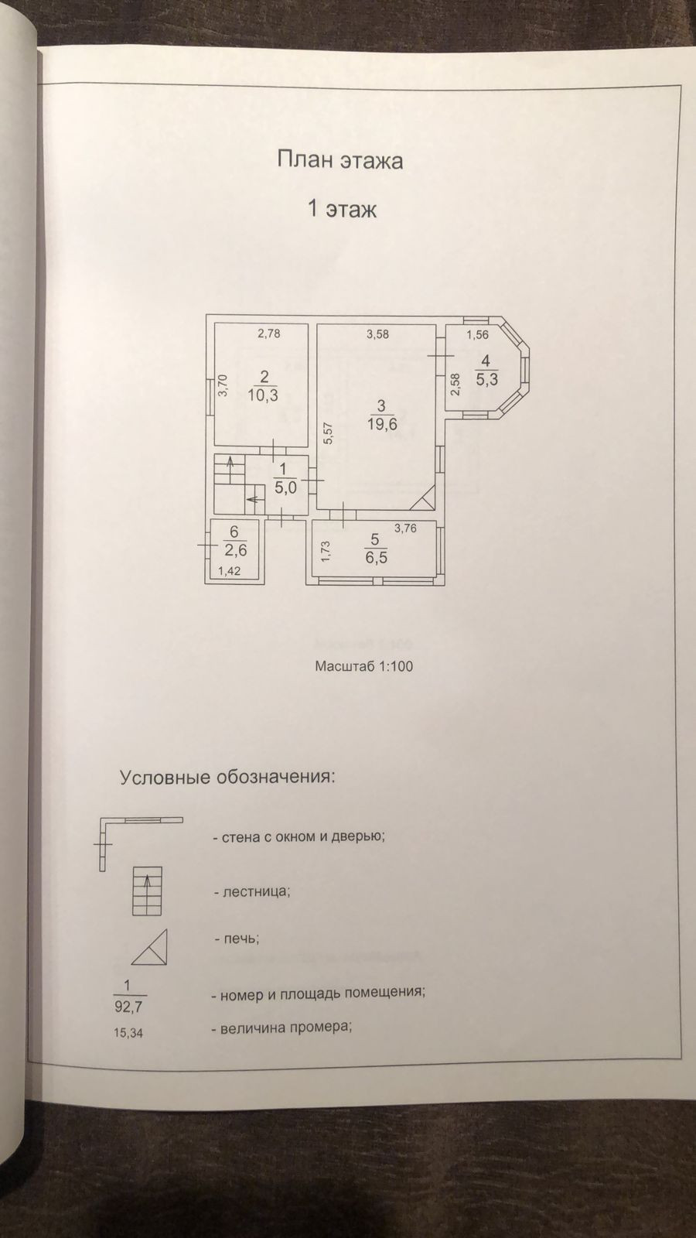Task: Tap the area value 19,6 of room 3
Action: pyautogui.click(x=380, y=423)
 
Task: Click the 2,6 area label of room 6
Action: pyautogui.click(x=235, y=550)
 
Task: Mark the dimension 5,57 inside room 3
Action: pyautogui.click(x=328, y=433)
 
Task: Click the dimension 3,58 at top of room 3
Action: pyautogui.click(x=377, y=334)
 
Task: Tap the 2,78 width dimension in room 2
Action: pyautogui.click(x=268, y=334)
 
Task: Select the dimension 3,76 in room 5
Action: pyautogui.click(x=405, y=528)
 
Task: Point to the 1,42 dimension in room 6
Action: pyautogui.click(x=230, y=572)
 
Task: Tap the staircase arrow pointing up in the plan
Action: pyautogui.click(x=229, y=464)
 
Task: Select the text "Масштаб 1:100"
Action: pyautogui.click(x=363, y=666)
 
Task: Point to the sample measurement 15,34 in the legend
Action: pyautogui.click(x=128, y=1031)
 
